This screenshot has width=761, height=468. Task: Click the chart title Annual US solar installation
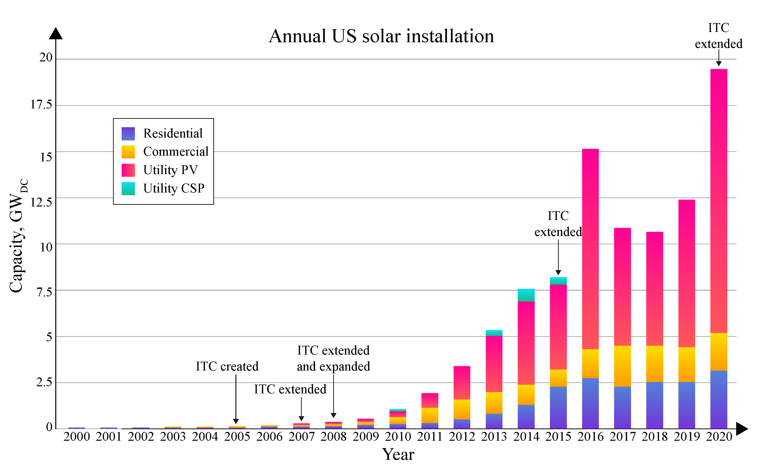[381, 36]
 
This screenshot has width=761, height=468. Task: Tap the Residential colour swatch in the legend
[128, 134]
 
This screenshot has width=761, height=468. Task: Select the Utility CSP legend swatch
[128, 189]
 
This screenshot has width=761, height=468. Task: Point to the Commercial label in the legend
[176, 152]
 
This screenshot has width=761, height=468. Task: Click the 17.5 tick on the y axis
[41, 105]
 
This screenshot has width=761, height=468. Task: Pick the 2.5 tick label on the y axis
[44, 382]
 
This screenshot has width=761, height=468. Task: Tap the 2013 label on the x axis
[494, 437]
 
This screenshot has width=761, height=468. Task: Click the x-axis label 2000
[76, 437]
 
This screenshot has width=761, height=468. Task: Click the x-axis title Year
[398, 454]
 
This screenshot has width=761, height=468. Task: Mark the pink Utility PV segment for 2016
[590, 249]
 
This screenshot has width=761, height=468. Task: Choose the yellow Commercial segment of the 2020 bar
[718, 352]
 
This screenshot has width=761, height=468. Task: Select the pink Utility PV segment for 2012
[462, 383]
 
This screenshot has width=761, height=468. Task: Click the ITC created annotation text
[227, 367]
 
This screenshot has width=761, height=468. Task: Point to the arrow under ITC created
[236, 399]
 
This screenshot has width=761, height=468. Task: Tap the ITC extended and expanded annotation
[334, 358]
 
